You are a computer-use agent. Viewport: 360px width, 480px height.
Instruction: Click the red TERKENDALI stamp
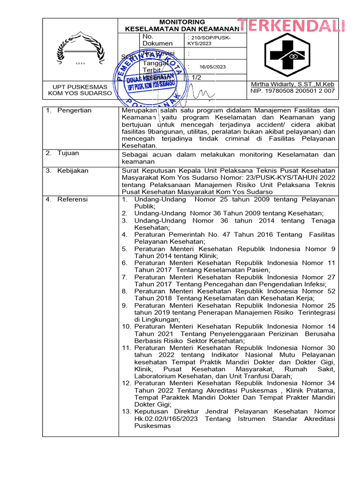point(291,26)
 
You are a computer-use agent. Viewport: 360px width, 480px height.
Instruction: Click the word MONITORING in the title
point(182,22)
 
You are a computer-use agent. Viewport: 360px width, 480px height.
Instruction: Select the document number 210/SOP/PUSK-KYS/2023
point(208,40)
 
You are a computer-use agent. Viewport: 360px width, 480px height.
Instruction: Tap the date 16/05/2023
point(212,67)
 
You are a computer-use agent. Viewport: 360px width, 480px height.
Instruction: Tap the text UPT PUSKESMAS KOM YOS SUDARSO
point(80,90)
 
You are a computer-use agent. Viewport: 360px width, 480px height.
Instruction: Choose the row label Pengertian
point(75,111)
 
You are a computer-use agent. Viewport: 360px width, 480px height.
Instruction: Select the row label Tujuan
point(68,153)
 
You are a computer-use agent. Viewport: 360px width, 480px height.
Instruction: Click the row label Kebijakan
point(73,171)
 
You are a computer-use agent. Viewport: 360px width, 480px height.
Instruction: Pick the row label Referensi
point(73,200)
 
